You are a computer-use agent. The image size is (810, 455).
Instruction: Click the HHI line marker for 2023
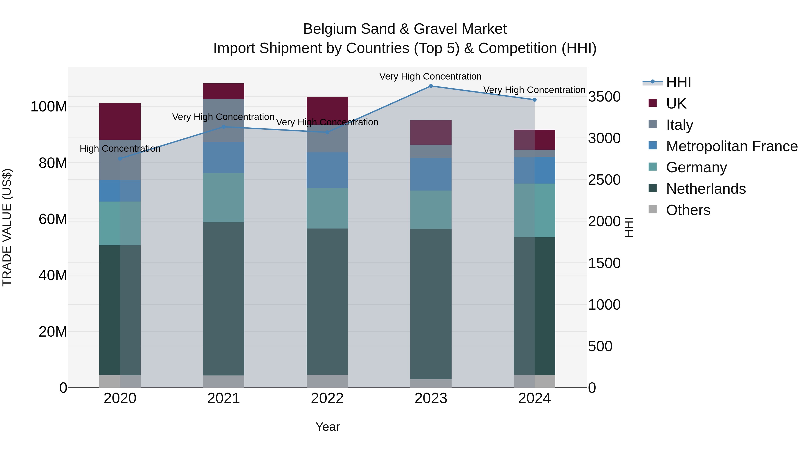(x=431, y=86)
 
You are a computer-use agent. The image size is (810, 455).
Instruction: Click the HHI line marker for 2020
(x=120, y=159)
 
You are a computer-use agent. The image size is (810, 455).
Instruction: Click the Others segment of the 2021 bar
(x=224, y=382)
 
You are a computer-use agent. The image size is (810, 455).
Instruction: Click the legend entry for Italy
(x=679, y=125)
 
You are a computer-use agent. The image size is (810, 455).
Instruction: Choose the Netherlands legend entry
(x=706, y=189)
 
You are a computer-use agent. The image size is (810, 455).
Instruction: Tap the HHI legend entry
(x=678, y=82)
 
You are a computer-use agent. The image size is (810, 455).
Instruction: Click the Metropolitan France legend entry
(x=731, y=146)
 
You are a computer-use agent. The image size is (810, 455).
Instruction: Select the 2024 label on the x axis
(x=534, y=398)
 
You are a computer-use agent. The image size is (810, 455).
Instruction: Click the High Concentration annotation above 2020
(x=120, y=149)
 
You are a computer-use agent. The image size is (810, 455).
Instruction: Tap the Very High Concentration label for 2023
(x=430, y=76)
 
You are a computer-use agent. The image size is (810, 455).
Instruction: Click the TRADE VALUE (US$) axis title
(x=7, y=227)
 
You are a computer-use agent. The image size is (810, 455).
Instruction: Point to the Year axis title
(x=327, y=427)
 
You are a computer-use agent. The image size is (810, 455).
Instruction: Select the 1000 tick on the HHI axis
(x=604, y=305)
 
